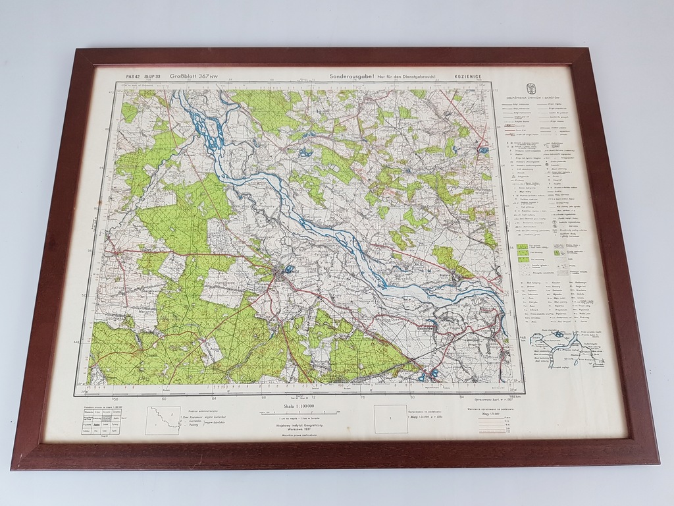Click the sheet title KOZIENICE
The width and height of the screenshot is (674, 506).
coord(467,77)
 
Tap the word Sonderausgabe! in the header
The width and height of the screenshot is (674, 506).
coord(351,77)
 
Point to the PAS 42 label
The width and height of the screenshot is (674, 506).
coord(134,76)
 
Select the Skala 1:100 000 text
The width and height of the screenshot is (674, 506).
coord(299,408)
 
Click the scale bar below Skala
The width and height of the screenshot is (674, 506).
coord(299,414)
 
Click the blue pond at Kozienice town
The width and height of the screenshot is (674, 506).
coord(289,268)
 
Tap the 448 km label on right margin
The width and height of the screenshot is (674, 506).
coord(523,338)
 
